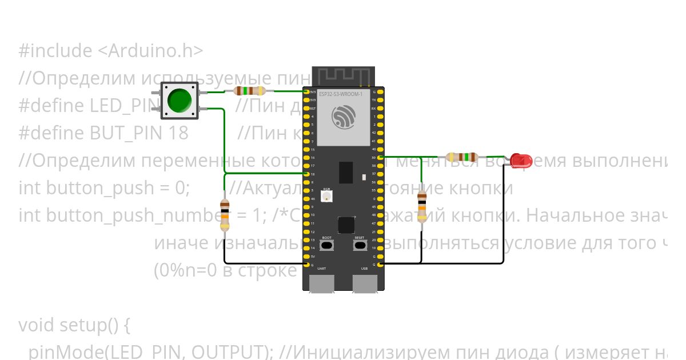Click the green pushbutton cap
click(x=180, y=101)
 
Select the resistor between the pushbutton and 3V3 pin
click(x=250, y=91)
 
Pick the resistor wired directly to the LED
click(x=462, y=157)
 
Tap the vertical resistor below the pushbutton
click(x=225, y=215)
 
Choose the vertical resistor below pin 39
click(x=422, y=207)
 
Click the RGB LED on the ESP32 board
click(x=326, y=196)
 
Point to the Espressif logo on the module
click(x=342, y=117)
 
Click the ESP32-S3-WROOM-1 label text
click(x=341, y=94)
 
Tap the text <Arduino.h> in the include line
click(x=150, y=51)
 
